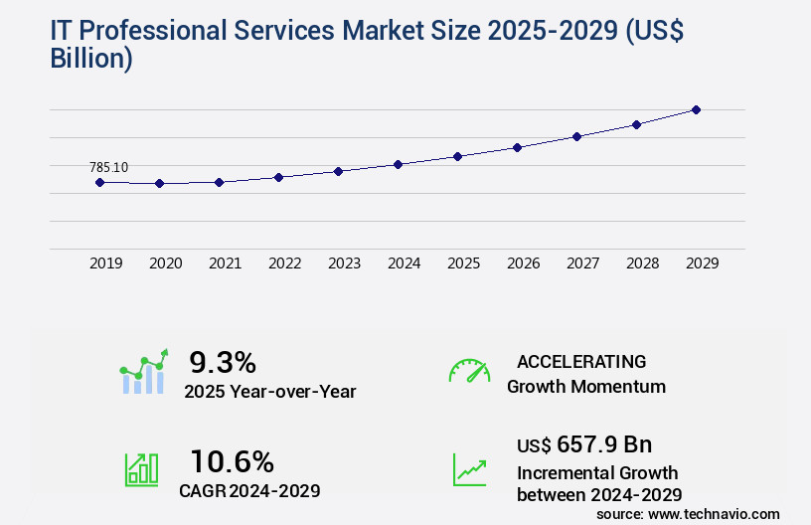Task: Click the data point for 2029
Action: pos(696,109)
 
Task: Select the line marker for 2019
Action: pos(99,182)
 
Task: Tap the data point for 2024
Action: pos(398,164)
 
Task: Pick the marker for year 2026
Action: pos(517,147)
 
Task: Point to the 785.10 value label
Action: pos(108,167)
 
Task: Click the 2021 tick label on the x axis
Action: pos(225,263)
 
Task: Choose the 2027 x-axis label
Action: pos(582,263)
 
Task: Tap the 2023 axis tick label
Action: pos(344,263)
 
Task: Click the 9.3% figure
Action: pos(223,361)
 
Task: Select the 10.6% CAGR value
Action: pos(232,461)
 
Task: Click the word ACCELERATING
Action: pos(581,361)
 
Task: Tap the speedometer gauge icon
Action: pos(469,371)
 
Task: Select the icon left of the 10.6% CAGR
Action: pos(141,469)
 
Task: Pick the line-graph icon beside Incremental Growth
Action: pos(469,469)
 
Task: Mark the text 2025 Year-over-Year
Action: pos(269,391)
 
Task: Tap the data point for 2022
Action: pos(278,177)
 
